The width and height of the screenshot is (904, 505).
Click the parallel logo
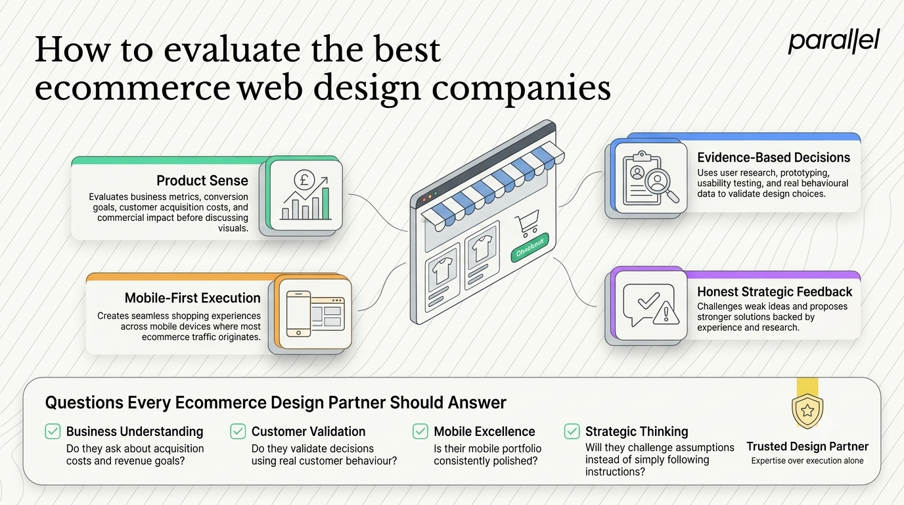tap(834, 41)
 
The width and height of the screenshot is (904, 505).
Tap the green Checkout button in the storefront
tap(530, 247)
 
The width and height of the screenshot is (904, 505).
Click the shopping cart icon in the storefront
tap(528, 223)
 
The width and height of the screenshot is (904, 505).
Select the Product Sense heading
tap(202, 181)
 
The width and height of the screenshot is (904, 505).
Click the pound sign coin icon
tap(304, 180)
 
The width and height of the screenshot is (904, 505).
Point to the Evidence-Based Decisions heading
tap(774, 157)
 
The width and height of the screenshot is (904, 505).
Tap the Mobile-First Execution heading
tap(192, 298)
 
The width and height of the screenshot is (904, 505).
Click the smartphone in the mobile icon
tap(298, 314)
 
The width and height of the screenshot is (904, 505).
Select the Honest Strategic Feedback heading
tap(775, 291)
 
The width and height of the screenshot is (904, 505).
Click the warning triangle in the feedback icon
tap(666, 313)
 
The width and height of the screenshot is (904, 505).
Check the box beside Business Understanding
tap(53, 431)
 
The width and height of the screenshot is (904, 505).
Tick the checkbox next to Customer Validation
tap(238, 431)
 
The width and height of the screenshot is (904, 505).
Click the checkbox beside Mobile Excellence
tap(420, 431)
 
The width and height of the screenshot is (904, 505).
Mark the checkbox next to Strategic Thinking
tap(572, 431)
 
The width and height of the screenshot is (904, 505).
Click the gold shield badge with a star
tap(807, 411)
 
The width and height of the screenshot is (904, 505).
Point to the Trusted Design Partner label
tap(807, 446)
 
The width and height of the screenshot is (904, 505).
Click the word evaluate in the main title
tap(232, 50)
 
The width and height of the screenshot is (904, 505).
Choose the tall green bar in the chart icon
tap(325, 203)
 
